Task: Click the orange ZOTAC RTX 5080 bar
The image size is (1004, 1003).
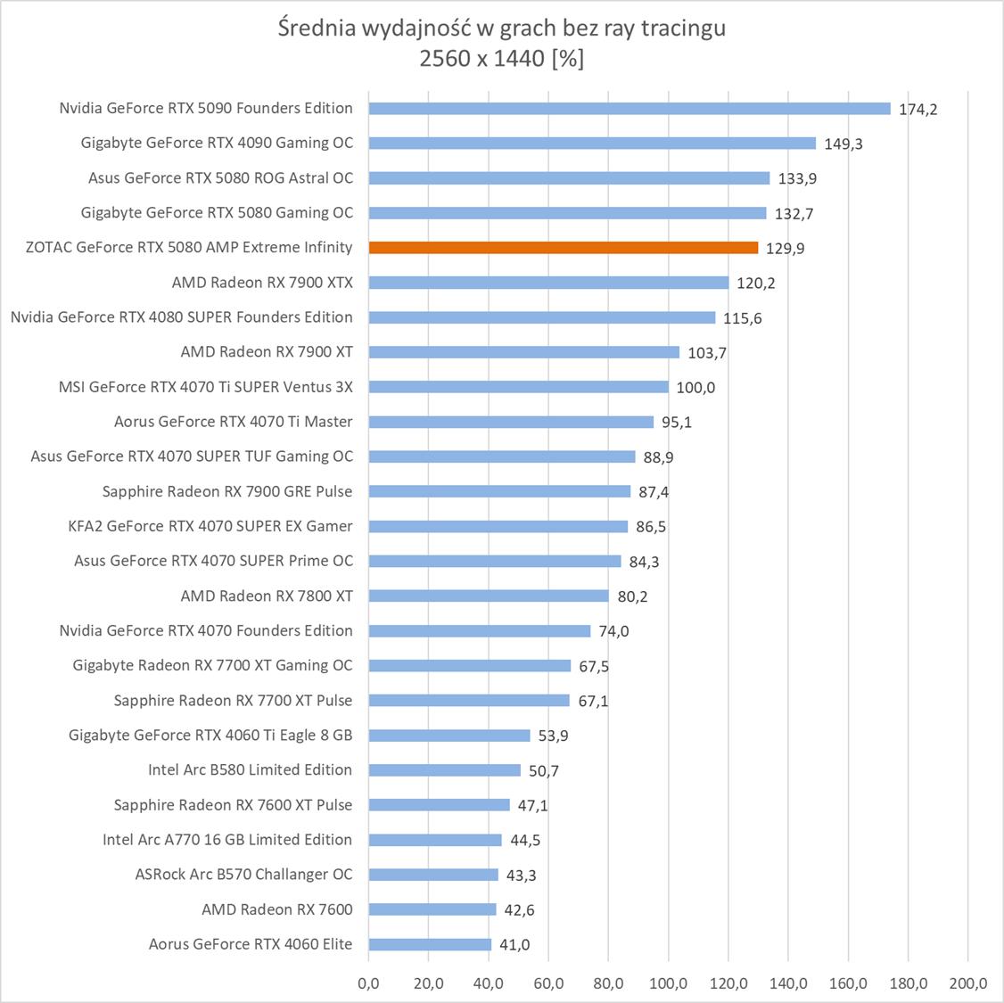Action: click(x=563, y=248)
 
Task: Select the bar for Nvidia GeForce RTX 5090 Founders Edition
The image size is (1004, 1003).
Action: click(x=630, y=109)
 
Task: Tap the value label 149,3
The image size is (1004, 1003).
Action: click(x=844, y=144)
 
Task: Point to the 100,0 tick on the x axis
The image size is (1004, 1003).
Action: click(x=668, y=984)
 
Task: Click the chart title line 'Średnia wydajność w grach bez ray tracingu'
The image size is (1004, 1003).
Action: click(x=502, y=29)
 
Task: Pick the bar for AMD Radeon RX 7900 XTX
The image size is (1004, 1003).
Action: click(x=548, y=283)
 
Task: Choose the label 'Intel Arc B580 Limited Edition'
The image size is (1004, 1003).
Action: click(x=250, y=769)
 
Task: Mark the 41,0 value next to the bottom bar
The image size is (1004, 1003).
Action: click(x=514, y=945)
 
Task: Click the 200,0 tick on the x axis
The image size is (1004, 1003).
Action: click(x=967, y=984)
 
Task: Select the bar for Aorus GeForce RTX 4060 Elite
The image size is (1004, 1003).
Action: click(x=430, y=944)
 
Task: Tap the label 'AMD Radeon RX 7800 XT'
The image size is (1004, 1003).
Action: click(x=267, y=596)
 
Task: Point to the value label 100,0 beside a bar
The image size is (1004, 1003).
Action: click(x=695, y=388)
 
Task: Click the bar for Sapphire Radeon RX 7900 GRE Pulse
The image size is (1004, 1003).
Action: click(x=499, y=491)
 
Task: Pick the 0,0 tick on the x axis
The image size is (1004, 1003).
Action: click(x=368, y=984)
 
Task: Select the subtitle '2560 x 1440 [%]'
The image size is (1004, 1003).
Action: click(x=502, y=60)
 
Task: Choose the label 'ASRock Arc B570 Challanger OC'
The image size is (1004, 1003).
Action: click(x=243, y=874)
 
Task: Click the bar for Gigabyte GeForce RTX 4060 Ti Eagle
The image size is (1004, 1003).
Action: click(x=449, y=736)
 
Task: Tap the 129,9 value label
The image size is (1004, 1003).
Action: click(x=785, y=249)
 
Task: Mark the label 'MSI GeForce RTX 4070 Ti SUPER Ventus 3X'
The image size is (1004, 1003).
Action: click(x=205, y=387)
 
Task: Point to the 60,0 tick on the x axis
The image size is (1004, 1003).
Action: click(x=548, y=984)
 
